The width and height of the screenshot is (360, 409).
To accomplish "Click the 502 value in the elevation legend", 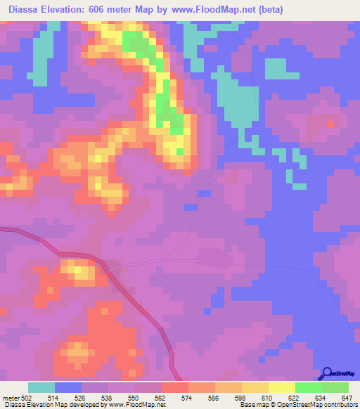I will [21, 397].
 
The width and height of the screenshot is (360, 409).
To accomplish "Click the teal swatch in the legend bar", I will [41, 387].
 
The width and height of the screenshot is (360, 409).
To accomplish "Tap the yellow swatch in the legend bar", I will [282, 387].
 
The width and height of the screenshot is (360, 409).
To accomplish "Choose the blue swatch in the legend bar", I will [68, 387].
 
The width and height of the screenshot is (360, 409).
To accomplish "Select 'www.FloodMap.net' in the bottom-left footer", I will [134, 405].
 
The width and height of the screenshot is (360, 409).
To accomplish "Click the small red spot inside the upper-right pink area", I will [331, 123].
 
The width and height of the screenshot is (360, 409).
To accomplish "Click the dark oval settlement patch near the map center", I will [214, 257].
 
